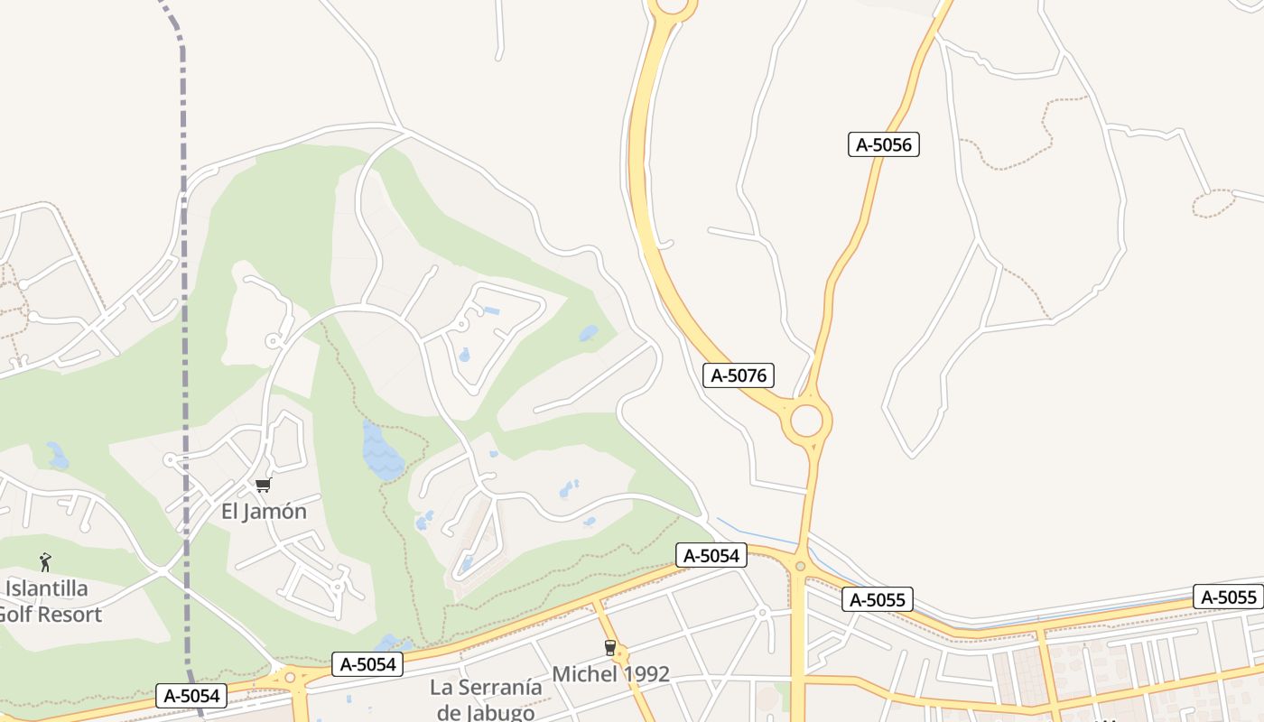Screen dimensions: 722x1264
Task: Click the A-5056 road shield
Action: (883, 144)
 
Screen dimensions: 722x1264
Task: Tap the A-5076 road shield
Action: (738, 375)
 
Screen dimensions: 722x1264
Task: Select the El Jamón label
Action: (264, 512)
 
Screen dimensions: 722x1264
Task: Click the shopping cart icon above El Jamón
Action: (263, 486)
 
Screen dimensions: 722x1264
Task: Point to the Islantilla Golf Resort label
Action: (50, 602)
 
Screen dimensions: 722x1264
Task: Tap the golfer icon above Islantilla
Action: (45, 562)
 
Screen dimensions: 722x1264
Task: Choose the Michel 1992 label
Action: (610, 674)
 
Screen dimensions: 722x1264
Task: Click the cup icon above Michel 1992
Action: (609, 647)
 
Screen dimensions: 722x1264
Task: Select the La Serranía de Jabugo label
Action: (486, 699)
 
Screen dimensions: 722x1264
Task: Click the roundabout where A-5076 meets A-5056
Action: (806, 421)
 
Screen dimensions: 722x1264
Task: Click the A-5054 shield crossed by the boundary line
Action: (191, 696)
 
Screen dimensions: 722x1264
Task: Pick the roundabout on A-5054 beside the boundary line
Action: (290, 678)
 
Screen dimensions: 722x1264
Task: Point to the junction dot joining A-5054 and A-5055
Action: (800, 567)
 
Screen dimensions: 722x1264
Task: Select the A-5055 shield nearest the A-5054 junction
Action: (877, 599)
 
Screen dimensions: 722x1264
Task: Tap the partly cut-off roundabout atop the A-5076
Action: (673, 7)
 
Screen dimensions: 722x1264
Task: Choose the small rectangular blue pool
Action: (491, 311)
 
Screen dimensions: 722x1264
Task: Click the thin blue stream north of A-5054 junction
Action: (758, 534)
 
